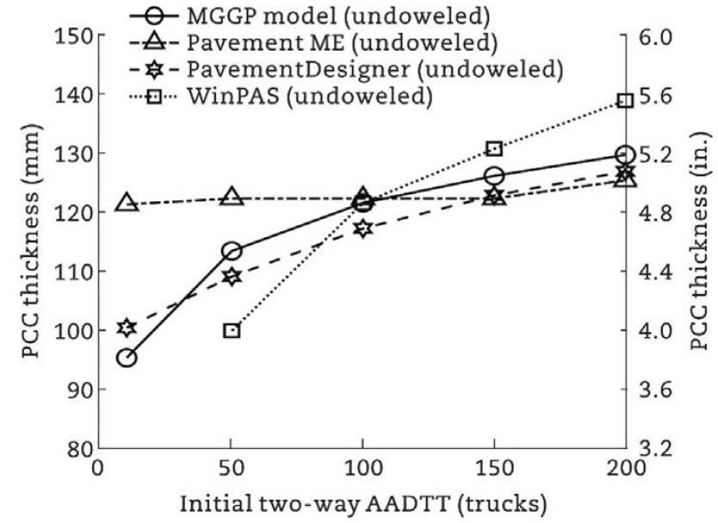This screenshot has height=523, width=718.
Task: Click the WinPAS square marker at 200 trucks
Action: click(x=625, y=101)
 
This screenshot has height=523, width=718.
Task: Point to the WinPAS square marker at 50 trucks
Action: click(x=232, y=330)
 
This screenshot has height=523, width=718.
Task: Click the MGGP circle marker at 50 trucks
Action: click(x=232, y=251)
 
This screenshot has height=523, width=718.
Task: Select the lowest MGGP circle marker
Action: click(x=127, y=357)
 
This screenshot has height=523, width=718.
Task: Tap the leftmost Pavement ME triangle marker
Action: click(x=127, y=203)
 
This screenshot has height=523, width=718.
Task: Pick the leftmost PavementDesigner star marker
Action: click(x=127, y=328)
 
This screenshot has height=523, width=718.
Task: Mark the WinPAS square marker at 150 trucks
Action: click(x=494, y=149)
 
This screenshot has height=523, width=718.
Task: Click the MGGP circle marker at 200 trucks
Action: click(x=625, y=156)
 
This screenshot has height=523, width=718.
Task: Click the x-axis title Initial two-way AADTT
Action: click(x=361, y=502)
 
